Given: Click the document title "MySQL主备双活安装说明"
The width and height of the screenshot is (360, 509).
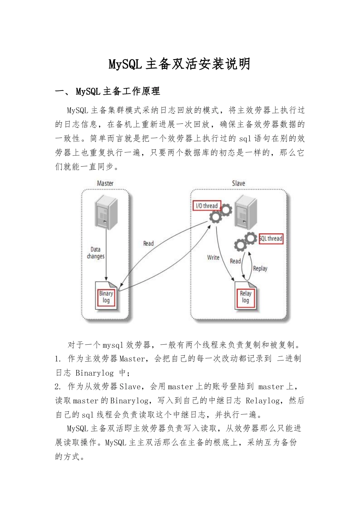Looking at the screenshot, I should (180, 64).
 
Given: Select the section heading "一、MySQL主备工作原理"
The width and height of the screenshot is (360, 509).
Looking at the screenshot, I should (108, 91).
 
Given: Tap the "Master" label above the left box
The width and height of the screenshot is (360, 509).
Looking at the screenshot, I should (105, 183).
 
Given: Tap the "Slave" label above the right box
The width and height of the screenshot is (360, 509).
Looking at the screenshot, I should (238, 183).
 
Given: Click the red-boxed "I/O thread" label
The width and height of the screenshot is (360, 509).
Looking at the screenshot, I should (207, 206).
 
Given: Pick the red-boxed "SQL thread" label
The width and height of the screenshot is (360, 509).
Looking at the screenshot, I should (271, 239).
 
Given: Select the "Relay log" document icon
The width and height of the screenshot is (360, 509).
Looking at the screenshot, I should (246, 297).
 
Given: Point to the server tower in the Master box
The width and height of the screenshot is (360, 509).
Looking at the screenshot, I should (106, 211).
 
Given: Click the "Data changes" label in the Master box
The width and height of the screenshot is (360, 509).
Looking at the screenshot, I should (95, 253).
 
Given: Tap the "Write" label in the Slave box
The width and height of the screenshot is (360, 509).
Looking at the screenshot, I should (213, 258).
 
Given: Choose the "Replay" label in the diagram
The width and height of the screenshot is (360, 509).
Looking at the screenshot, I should (260, 269).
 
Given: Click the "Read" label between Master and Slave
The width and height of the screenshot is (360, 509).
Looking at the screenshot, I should (148, 244).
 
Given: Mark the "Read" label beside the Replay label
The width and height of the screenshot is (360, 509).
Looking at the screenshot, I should (235, 261).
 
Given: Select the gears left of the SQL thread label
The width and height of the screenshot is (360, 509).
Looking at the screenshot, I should (245, 242).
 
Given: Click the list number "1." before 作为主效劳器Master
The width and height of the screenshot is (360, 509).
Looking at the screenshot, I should (58, 359).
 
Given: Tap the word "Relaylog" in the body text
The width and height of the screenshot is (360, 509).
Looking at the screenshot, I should (263, 401).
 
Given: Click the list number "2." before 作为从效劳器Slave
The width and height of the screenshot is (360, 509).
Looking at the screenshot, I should (58, 387).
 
